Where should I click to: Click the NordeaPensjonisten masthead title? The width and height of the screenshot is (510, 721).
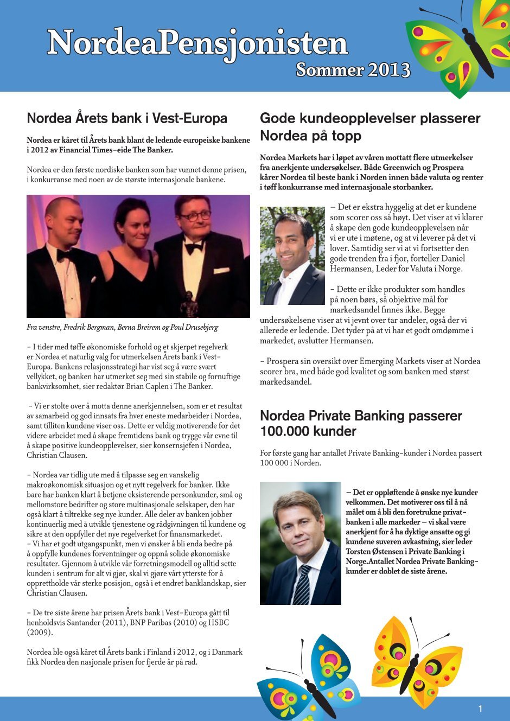tap(197, 43)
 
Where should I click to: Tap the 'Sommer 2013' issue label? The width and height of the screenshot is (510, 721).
tap(353, 70)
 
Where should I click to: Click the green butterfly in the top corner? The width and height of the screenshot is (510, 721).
tap(458, 46)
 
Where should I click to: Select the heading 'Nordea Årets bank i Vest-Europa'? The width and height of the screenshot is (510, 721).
tap(127, 118)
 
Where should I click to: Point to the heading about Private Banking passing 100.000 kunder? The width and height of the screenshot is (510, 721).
tap(361, 424)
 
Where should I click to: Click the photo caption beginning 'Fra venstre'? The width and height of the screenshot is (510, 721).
tap(123, 328)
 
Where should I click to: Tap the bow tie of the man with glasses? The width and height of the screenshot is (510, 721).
tap(194, 247)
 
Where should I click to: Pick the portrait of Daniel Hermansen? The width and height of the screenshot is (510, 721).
tap(292, 256)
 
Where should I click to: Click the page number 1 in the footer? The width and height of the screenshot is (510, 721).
tap(480, 709)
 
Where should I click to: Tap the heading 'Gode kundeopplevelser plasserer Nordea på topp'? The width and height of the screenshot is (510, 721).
tap(370, 127)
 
